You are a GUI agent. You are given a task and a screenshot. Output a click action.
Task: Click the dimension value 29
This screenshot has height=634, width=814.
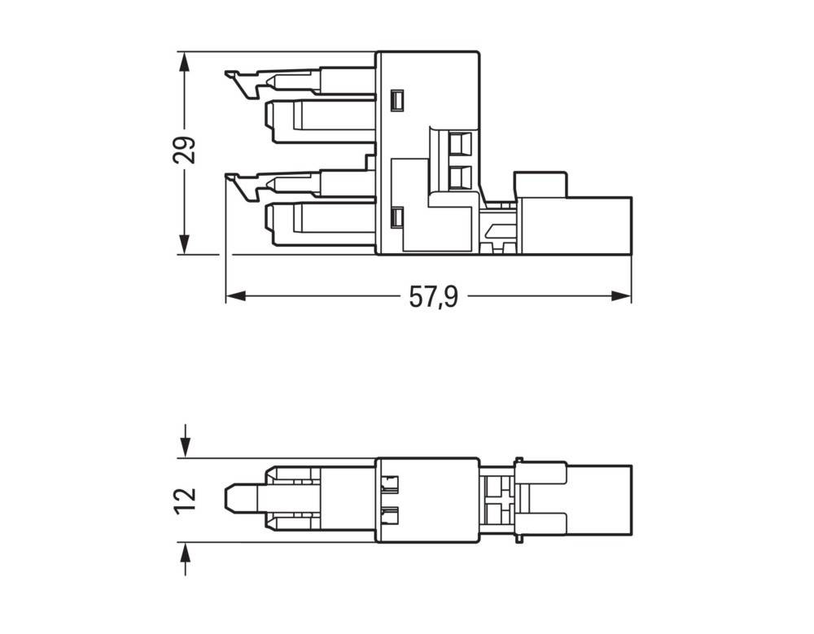(186, 150)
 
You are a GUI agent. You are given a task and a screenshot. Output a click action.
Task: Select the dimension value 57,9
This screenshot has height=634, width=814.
(433, 297)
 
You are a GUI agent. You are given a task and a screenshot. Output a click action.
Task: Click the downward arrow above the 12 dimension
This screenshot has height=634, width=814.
(186, 446)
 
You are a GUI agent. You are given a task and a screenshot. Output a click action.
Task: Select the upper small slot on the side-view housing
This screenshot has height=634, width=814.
(397, 100)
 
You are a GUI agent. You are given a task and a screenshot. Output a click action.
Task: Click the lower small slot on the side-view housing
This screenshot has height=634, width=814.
(397, 217)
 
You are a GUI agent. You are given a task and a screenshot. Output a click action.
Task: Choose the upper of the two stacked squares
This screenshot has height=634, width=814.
(461, 143)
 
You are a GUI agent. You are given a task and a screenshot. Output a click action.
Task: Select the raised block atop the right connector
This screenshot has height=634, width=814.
(540, 184)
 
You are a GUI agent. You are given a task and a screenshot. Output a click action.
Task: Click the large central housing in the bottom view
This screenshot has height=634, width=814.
(427, 501)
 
